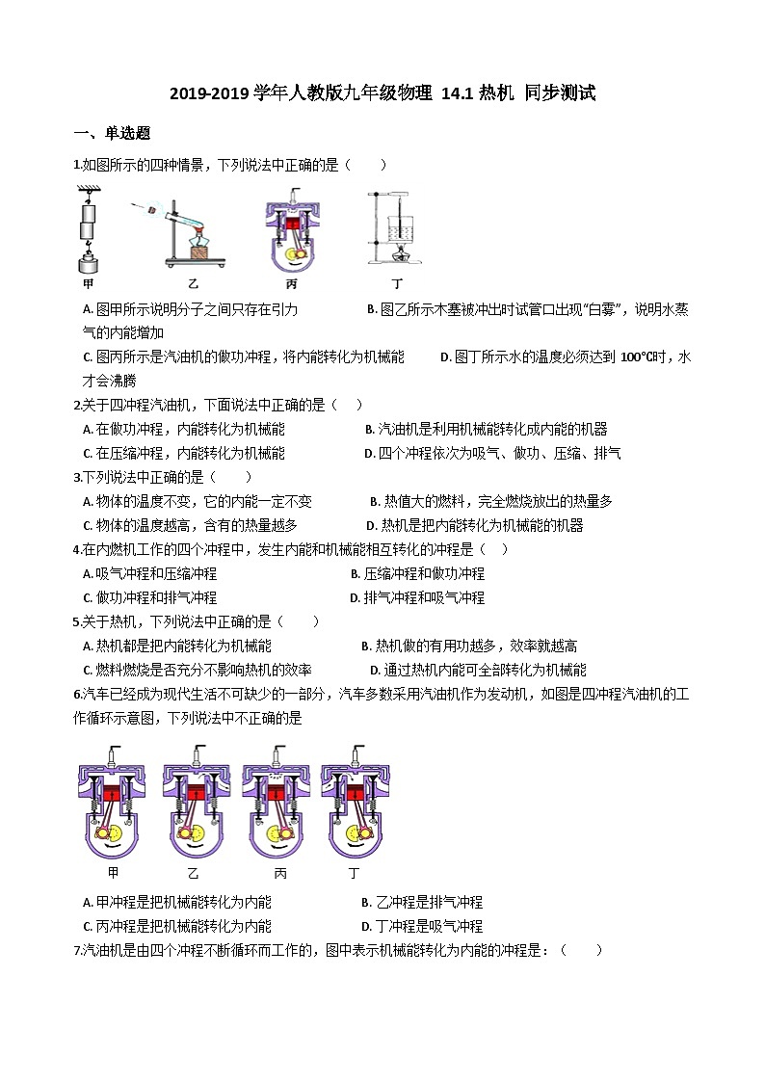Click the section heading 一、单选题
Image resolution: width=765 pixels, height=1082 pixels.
coord(112,133)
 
